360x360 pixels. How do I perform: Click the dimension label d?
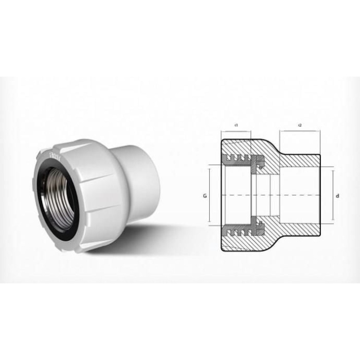337,195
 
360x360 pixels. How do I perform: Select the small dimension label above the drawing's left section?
235,125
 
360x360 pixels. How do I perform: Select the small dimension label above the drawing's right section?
299,125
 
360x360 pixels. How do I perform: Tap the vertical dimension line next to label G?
209,195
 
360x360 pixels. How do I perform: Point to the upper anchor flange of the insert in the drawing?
260,164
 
